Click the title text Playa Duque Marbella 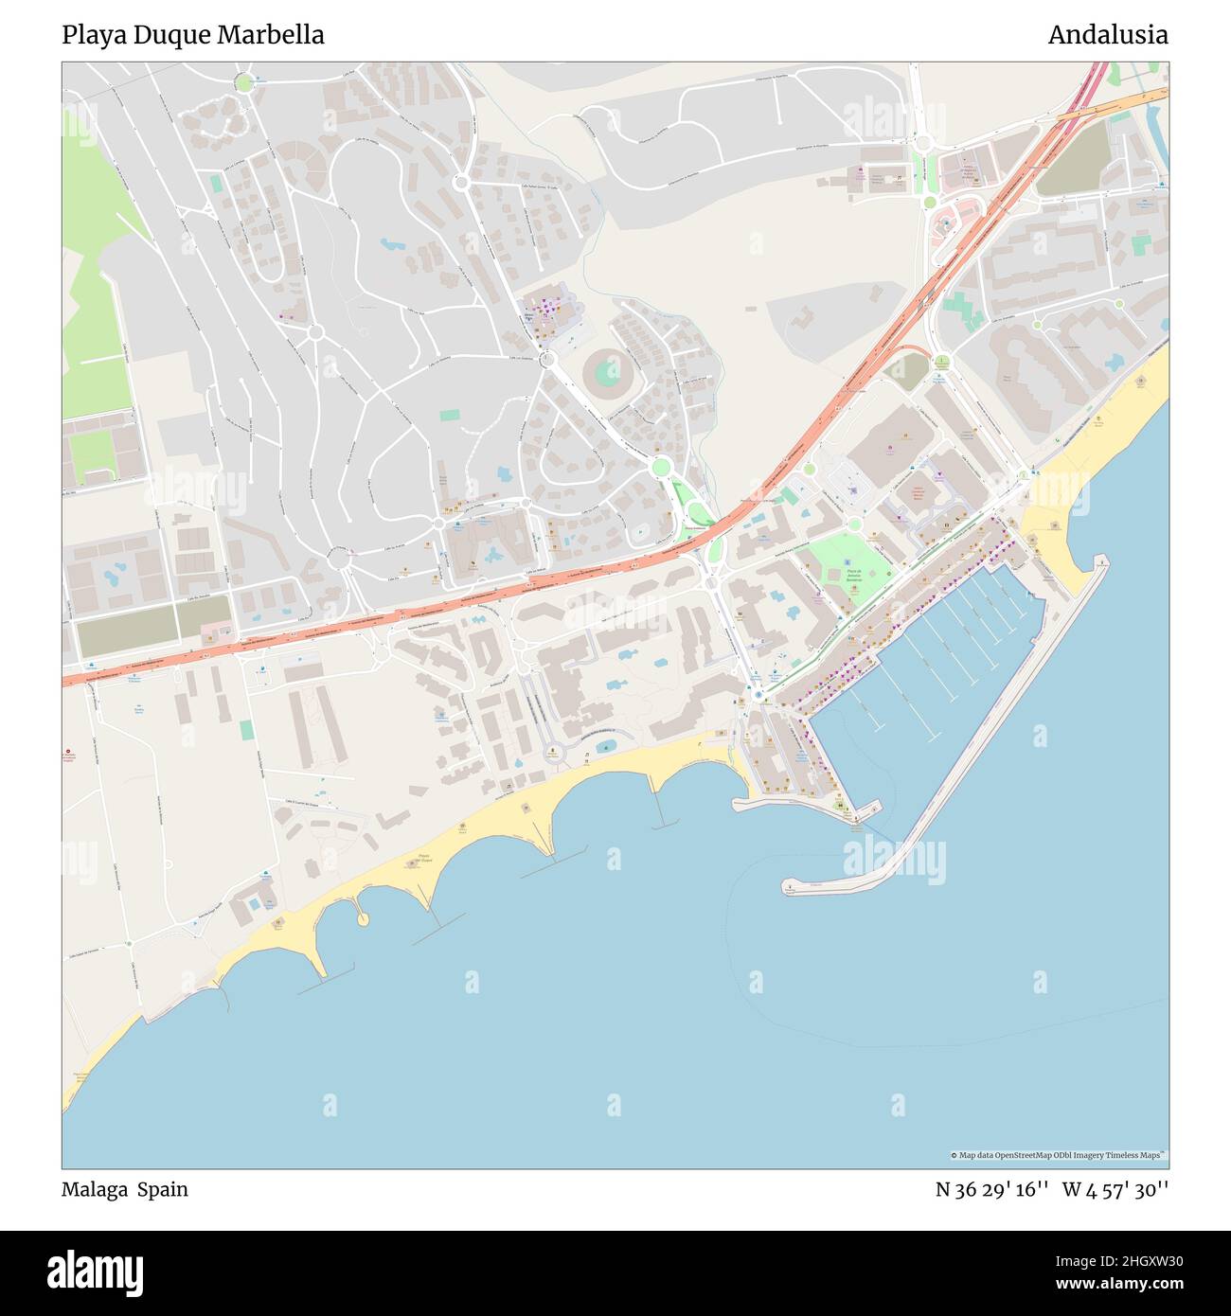coord(193,35)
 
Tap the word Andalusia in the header coord(1107,35)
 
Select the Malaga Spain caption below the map coord(125,1189)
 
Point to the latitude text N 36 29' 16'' coord(990,1189)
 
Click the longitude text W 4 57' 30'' coord(1115,1189)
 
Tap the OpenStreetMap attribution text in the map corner coord(1059,1155)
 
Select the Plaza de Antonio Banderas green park coord(846,567)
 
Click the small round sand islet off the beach coord(362,919)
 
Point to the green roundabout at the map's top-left coord(244,82)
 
